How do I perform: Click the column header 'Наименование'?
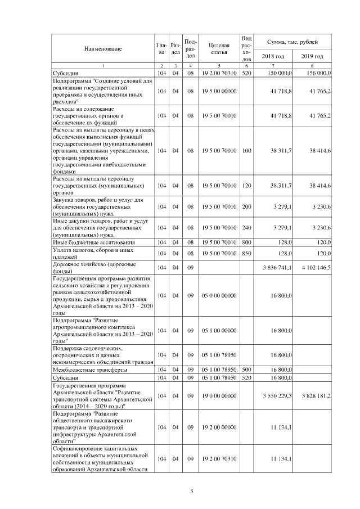point(103,49)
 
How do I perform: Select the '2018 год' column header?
point(273,56)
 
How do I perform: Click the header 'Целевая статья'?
point(219,49)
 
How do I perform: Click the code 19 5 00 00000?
point(219,91)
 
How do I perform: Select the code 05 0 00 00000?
point(219,295)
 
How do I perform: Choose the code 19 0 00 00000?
point(219,396)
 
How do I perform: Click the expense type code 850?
point(246,253)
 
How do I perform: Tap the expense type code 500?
point(246,370)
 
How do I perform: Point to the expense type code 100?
point(246,151)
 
